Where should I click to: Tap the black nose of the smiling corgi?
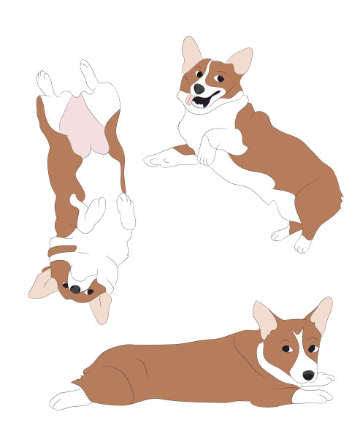tap(199, 88)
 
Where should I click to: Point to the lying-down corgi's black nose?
tap(309, 375)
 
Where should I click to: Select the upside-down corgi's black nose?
tap(75, 289)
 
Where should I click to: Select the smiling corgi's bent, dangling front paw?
tap(207, 152)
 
